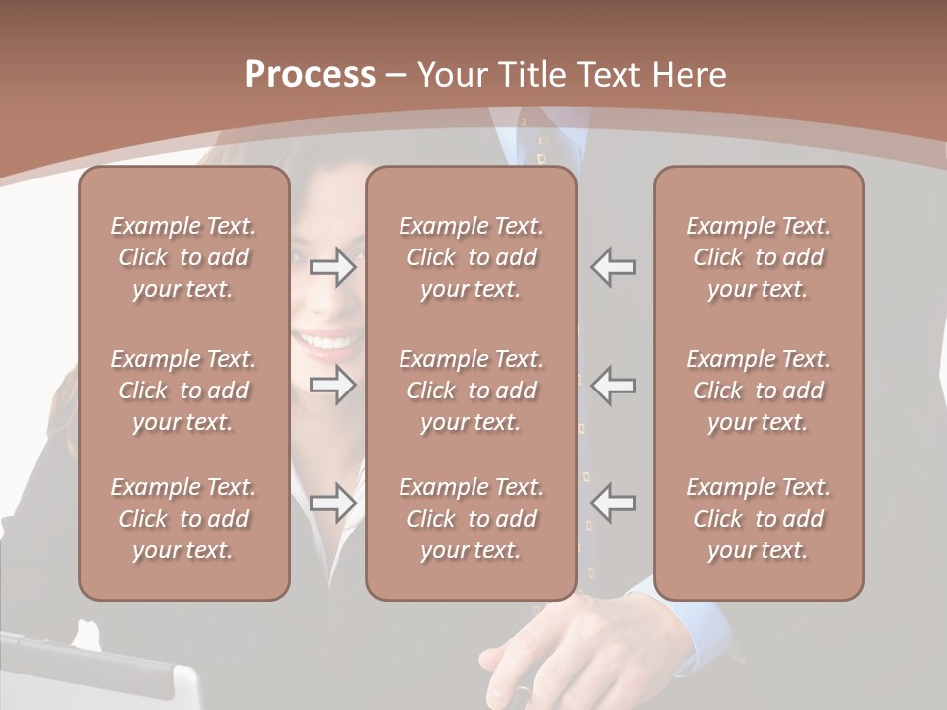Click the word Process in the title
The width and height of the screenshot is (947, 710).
310,75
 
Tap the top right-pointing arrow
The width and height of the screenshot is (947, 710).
332,267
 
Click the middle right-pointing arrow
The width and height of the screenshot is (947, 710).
332,385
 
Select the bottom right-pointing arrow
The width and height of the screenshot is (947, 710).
332,503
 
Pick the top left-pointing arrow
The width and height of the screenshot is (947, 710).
614,267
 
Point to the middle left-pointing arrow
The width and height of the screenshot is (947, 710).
614,385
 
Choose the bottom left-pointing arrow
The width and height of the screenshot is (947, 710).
614,503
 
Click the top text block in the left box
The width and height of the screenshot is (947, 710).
183,257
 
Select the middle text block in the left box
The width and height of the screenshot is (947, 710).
183,390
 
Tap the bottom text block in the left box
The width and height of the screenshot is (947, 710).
183,519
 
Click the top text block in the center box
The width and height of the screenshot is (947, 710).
471,257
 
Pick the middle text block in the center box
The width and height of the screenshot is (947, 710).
471,390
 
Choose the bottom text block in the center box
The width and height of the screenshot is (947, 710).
471,519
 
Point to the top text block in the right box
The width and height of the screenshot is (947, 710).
759,257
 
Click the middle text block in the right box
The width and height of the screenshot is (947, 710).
759,390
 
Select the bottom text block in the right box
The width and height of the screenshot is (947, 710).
759,519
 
